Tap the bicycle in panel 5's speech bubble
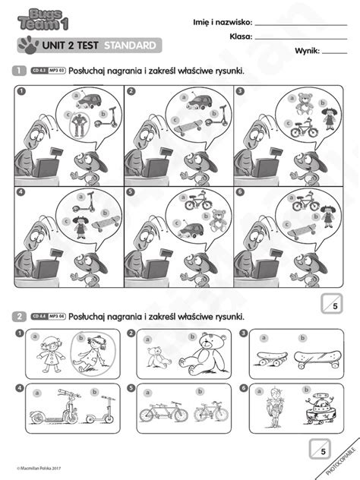pyautogui.click(x=194, y=204)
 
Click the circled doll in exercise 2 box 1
pyautogui.click(x=90, y=352)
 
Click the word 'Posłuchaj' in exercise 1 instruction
pyautogui.click(x=90, y=71)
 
